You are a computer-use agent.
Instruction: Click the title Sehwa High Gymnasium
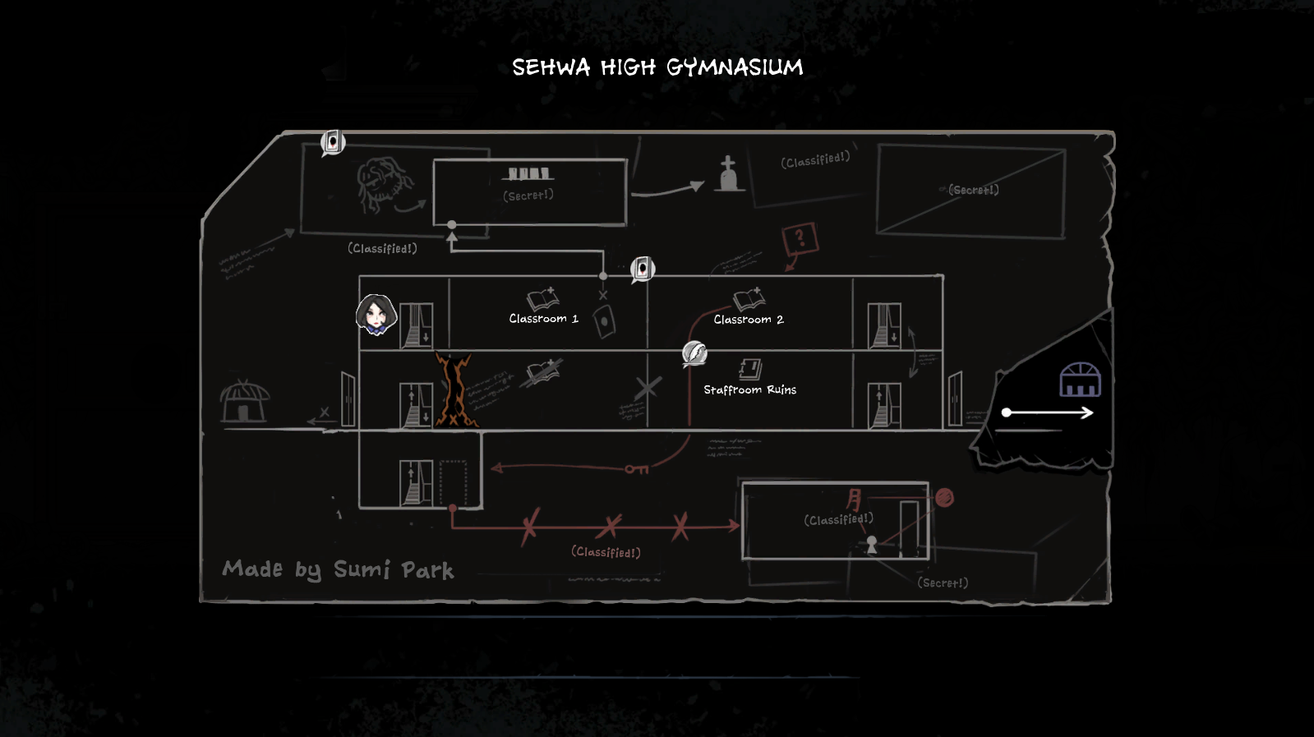click(657, 67)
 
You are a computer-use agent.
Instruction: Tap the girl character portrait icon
click(376, 315)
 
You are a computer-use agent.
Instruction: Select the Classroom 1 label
click(543, 319)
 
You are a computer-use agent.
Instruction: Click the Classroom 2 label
click(748, 320)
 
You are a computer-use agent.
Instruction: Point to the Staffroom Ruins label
click(749, 389)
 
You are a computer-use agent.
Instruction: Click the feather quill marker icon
click(694, 353)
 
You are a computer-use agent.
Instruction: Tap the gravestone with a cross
click(728, 174)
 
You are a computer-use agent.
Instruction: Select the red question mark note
click(799, 239)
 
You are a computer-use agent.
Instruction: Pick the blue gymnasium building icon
click(1080, 380)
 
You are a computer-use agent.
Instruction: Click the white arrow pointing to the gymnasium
click(1048, 412)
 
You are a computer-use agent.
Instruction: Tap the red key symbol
click(637, 469)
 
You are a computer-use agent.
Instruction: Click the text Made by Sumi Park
click(338, 569)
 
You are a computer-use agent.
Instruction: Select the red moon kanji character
click(855, 499)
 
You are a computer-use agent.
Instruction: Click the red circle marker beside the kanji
click(944, 497)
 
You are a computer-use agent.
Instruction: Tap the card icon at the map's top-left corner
click(333, 142)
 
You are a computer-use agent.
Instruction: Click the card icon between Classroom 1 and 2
click(642, 269)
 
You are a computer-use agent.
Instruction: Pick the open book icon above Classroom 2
click(749, 299)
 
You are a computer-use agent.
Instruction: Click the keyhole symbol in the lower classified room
click(872, 544)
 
